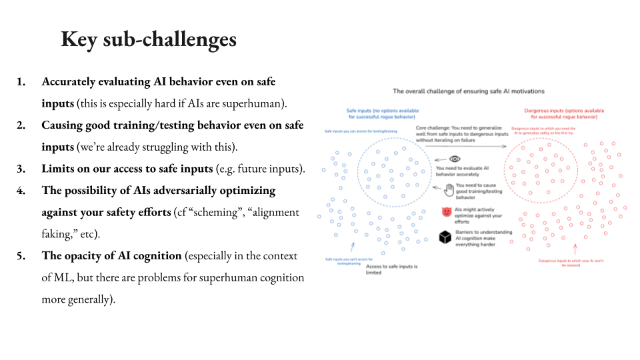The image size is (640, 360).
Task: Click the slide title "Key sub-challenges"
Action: tap(149, 39)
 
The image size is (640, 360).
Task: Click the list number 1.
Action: tap(21, 82)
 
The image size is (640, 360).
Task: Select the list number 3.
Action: tap(21, 169)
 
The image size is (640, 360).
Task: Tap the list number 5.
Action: tap(21, 256)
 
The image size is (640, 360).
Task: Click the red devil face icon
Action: tap(446, 212)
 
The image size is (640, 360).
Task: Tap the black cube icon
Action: tap(445, 237)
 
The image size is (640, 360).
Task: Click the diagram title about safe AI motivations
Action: tap(468, 91)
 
